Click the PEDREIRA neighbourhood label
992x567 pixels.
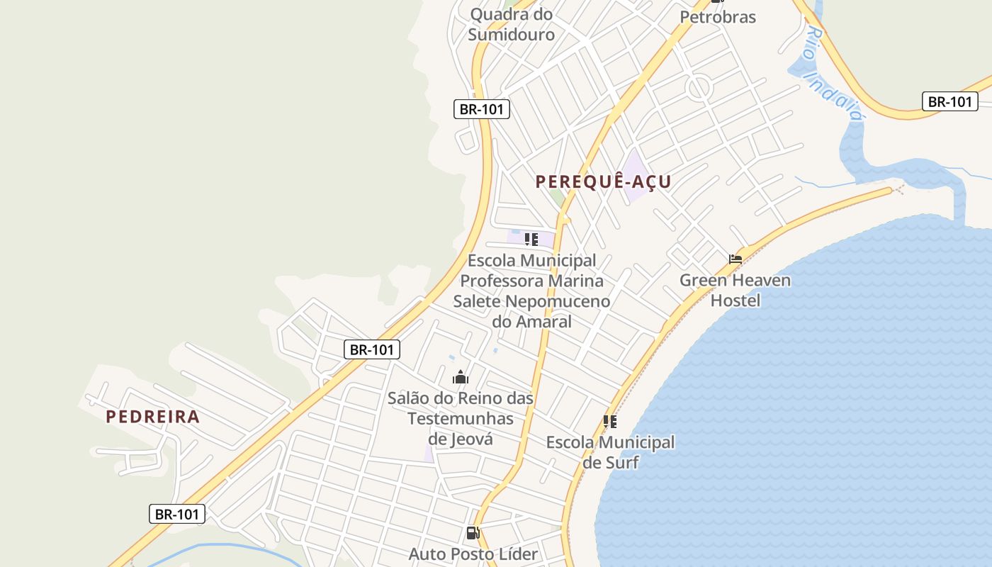[153, 417]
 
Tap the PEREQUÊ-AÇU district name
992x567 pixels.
[603, 181]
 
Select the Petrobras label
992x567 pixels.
[718, 17]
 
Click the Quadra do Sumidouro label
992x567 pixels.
[511, 23]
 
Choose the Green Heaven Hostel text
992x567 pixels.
[735, 290]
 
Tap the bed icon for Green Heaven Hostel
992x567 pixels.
[735, 259]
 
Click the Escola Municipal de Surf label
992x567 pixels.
[610, 452]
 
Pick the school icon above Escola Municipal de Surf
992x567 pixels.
[610, 422]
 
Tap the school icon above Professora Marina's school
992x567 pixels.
[531, 240]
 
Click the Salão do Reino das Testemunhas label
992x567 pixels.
[461, 408]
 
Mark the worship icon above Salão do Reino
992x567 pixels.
[461, 377]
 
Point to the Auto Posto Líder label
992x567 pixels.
[473, 554]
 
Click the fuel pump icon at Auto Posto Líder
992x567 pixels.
[473, 533]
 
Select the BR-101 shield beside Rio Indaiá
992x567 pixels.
[949, 101]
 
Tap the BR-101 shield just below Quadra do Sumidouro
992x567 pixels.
[482, 109]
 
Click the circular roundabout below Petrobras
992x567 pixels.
[698, 88]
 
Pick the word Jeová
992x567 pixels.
[470, 439]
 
